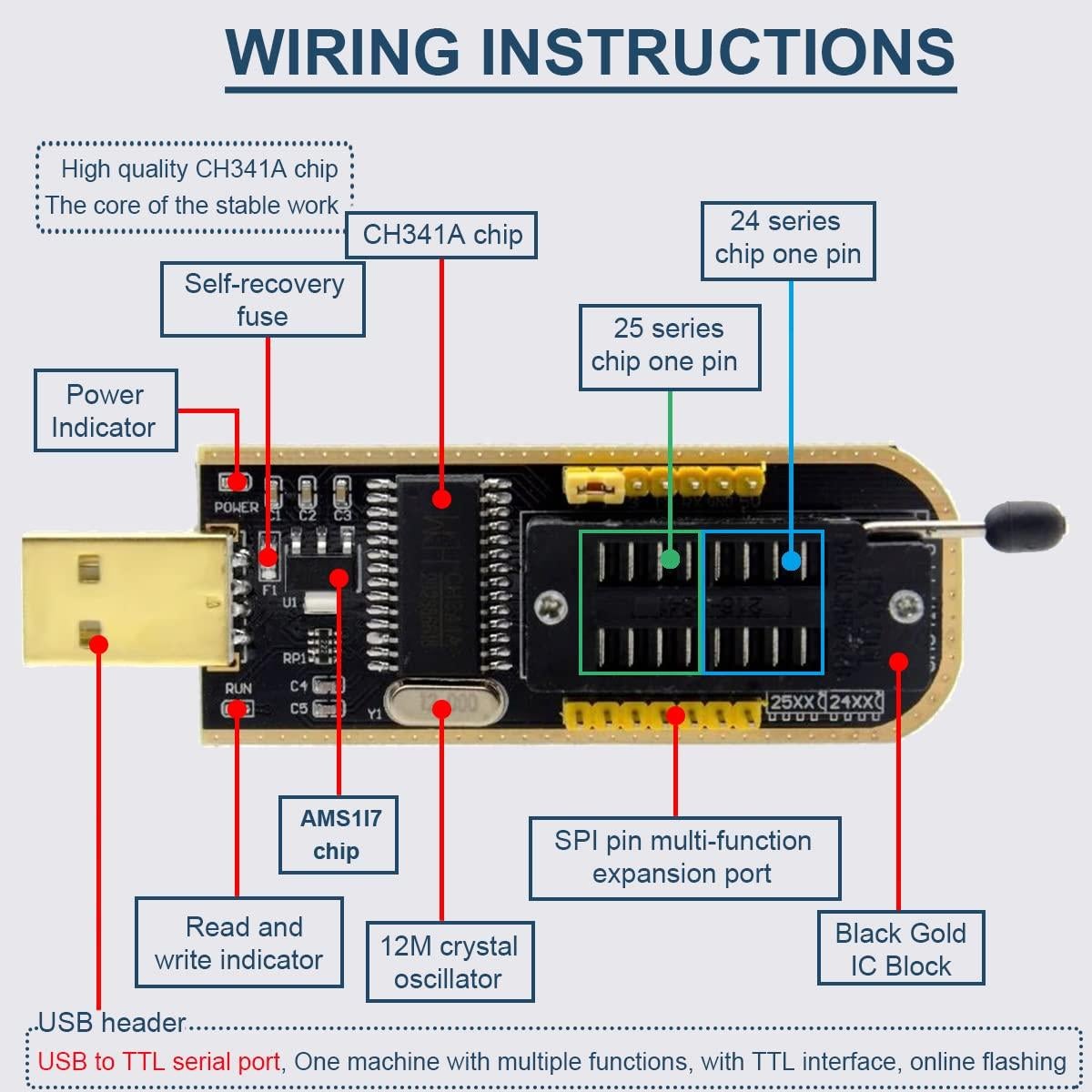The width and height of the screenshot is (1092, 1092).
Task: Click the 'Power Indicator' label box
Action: click(106, 410)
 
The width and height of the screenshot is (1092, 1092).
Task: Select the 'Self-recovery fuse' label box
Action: click(263, 299)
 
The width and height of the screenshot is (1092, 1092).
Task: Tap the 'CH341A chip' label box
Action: click(442, 235)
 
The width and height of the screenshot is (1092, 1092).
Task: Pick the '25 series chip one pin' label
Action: click(669, 347)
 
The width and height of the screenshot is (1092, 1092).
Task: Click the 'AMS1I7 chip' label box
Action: click(339, 834)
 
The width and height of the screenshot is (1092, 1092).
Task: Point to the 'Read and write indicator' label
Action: click(239, 943)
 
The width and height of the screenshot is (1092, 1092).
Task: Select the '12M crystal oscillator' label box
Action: click(450, 962)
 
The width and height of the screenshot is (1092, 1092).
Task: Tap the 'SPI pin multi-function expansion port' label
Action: click(684, 857)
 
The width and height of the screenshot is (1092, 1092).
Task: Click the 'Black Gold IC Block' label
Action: click(900, 948)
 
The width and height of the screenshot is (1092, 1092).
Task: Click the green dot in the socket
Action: click(670, 559)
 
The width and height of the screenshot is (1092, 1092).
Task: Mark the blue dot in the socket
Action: click(791, 561)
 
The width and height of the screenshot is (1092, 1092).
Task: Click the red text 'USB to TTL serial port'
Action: click(159, 1062)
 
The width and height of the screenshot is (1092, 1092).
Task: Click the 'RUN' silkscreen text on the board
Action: click(238, 688)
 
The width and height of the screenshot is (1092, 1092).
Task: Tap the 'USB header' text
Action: click(112, 1023)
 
